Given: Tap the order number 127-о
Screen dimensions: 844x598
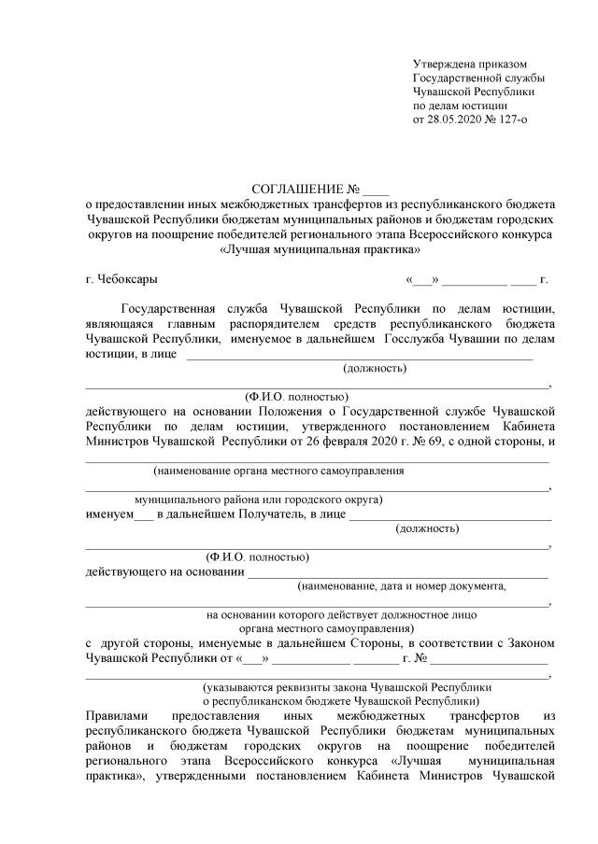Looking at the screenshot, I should pyautogui.click(x=525, y=120).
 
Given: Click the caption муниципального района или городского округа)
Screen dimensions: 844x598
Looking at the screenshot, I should pyautogui.click(x=258, y=499).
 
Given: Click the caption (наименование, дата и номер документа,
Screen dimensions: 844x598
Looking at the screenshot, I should pyautogui.click(x=401, y=586).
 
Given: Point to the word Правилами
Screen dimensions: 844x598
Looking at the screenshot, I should pyautogui.click(x=115, y=715).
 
